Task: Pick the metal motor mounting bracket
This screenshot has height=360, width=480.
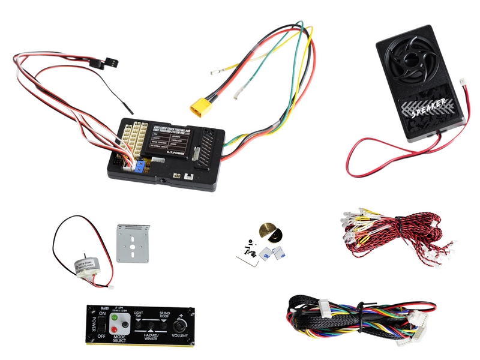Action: coord(131,243)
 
